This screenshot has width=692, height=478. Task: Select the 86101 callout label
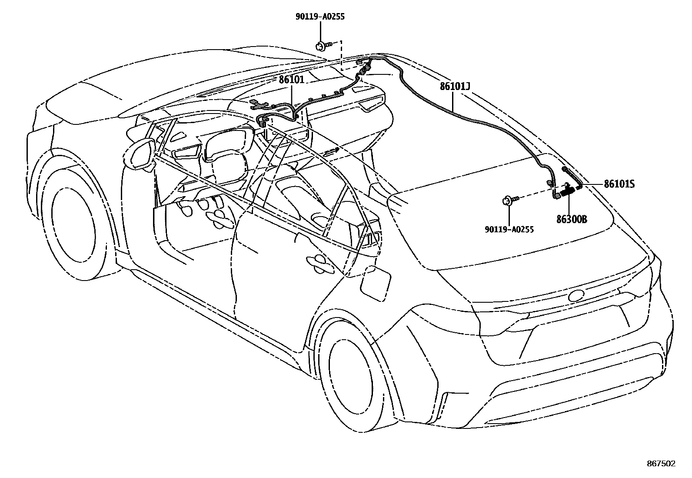coord(292,80)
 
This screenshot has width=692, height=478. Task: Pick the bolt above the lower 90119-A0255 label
coord(509,201)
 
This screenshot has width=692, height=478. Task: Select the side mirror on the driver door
coord(140,154)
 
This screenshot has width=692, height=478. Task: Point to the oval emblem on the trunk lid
coord(580,296)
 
